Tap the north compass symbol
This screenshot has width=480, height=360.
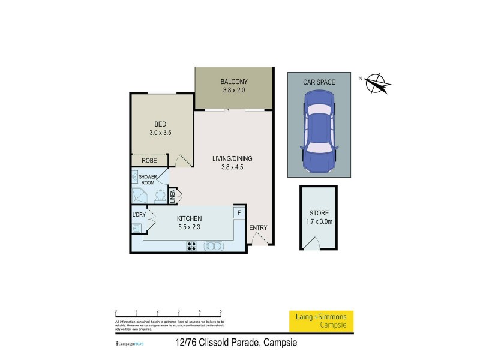pyautogui.click(x=376, y=83)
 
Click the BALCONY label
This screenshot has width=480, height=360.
pyautogui.click(x=233, y=82)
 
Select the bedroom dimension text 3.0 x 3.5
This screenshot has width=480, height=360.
pyautogui.click(x=160, y=134)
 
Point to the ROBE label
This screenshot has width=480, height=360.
pyautogui.click(x=149, y=161)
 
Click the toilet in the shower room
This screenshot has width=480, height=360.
pyautogui.click(x=160, y=195)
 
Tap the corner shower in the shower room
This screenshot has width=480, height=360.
pyautogui.click(x=139, y=196)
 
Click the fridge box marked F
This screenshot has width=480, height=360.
pyautogui.click(x=239, y=212)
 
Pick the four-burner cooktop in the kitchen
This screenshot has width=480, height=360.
pyautogui.click(x=193, y=245)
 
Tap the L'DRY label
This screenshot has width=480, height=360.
pyautogui.click(x=139, y=214)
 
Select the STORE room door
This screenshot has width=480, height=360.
pyautogui.click(x=312, y=243)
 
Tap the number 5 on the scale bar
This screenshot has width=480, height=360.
pyautogui.click(x=221, y=311)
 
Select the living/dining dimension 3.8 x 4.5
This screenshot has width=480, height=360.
pyautogui.click(x=232, y=168)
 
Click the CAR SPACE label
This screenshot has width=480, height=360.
pyautogui.click(x=319, y=82)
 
